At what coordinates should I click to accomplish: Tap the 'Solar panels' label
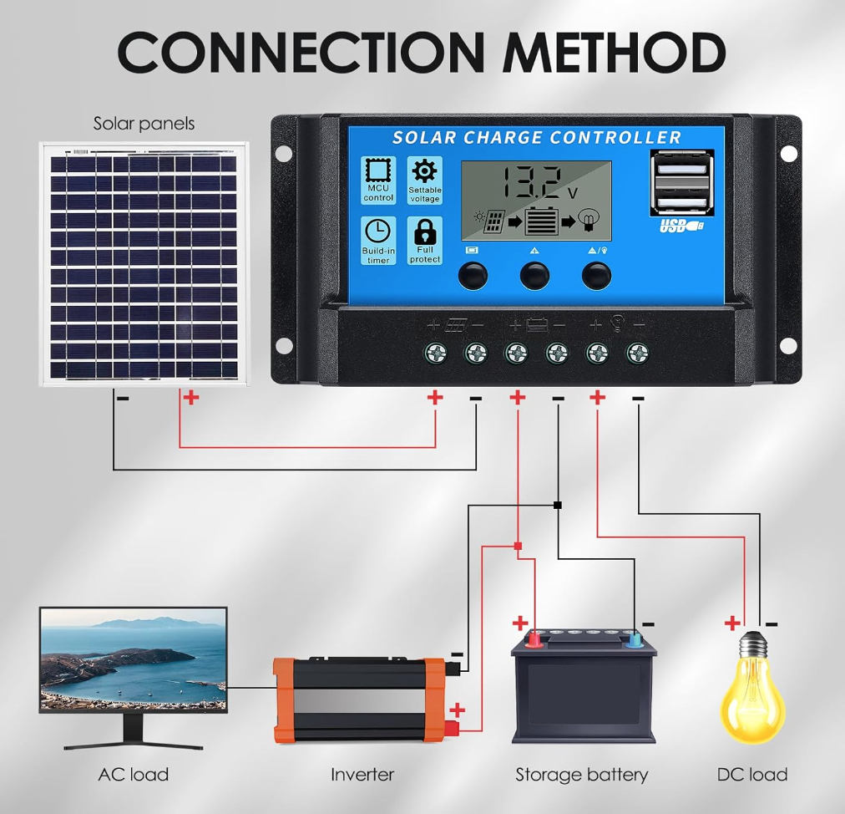144,124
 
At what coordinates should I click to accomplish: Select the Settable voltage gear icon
425,171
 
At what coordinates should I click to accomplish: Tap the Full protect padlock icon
425,232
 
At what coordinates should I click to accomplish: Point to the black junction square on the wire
558,505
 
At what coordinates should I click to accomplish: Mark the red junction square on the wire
519,546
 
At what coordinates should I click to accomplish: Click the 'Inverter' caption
362,775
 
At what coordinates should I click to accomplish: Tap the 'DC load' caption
751,775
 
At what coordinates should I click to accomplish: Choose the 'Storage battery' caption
581,775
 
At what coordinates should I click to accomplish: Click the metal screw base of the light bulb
755,644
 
